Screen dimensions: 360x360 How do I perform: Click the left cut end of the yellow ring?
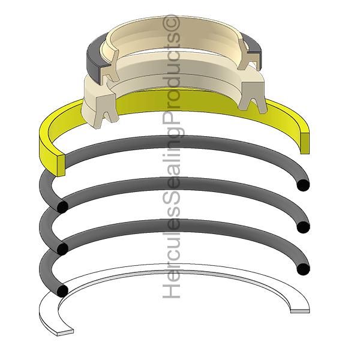[x=61, y=166]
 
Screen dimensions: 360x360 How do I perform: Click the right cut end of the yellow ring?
[x=304, y=143]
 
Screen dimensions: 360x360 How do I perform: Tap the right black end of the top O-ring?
[x=303, y=185]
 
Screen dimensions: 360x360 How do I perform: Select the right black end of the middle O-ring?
[x=303, y=227]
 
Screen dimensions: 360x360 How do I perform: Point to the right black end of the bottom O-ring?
[x=303, y=269]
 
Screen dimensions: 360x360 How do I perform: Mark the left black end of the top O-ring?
[x=62, y=207]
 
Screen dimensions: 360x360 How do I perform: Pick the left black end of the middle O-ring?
[x=62, y=249]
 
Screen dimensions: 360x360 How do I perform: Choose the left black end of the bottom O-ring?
[x=62, y=290]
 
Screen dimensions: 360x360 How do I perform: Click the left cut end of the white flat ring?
[x=65, y=332]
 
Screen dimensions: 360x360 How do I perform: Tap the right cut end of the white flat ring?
[x=300, y=310]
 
